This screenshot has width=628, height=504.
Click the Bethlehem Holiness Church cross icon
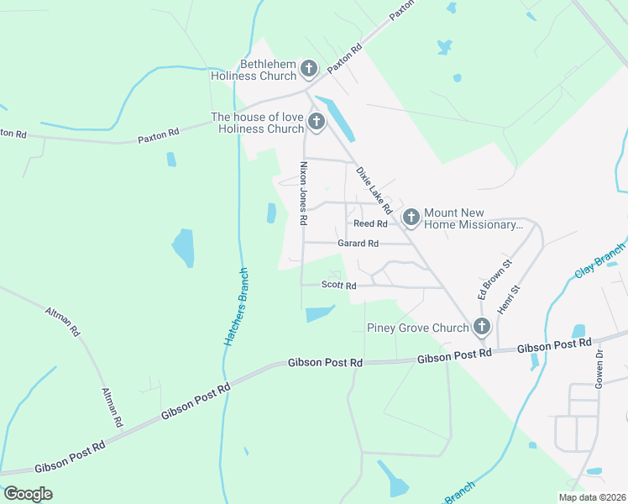pos(309,69)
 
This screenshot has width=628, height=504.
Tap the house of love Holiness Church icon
pos(317,123)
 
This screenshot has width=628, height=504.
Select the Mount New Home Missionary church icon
pos(411,218)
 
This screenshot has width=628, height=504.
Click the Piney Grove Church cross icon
pos(482,327)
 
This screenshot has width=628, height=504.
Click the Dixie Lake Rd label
pos(374,190)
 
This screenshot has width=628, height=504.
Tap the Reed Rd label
pos(370,224)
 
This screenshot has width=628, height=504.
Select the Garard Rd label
pos(358,244)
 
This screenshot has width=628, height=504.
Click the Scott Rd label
pos(340,286)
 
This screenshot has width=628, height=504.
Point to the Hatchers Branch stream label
pos(236,307)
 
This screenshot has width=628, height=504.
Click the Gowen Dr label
pos(599,367)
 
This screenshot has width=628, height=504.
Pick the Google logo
pos(27,494)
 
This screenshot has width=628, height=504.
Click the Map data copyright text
pos(592,497)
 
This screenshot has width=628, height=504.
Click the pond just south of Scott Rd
pos(319,314)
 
